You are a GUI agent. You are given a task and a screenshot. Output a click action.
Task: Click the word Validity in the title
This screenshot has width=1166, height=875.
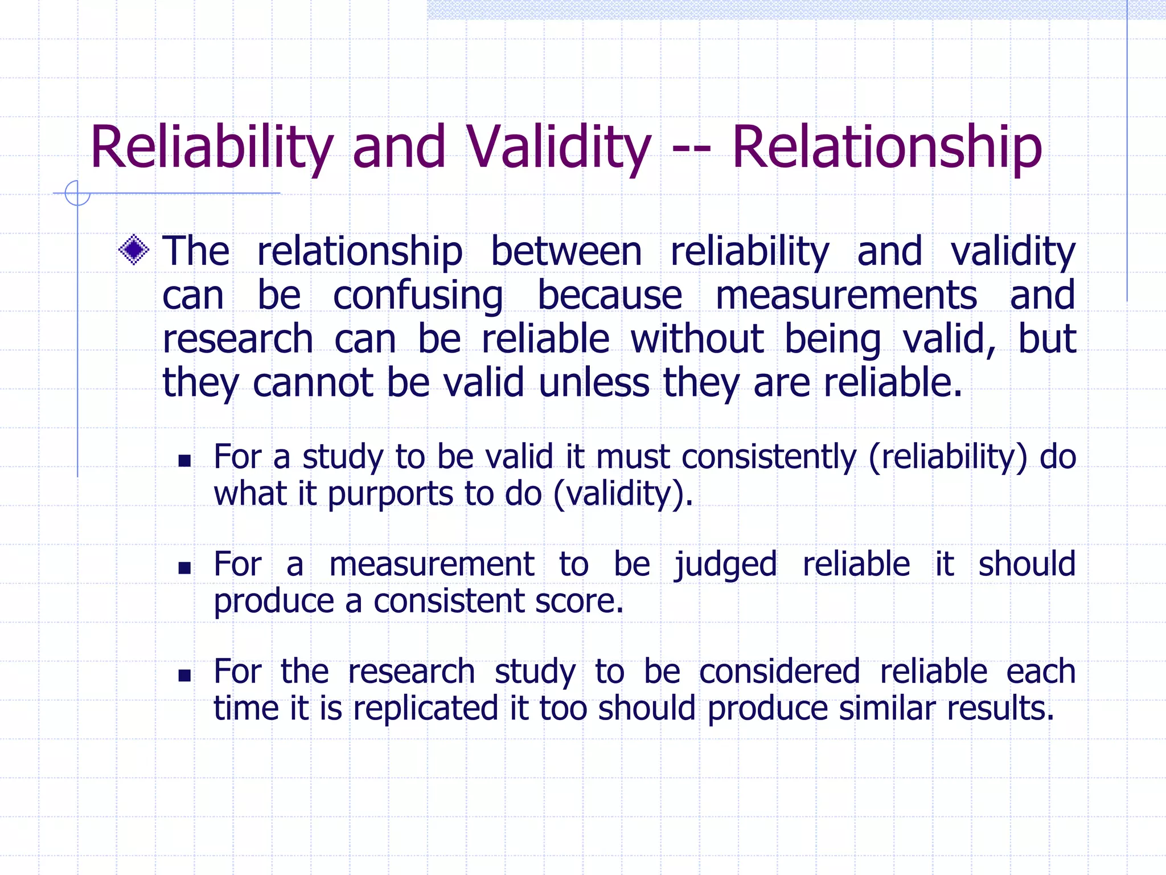pyautogui.click(x=559, y=147)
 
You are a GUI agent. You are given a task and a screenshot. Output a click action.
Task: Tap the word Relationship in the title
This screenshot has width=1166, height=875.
pyautogui.click(x=887, y=147)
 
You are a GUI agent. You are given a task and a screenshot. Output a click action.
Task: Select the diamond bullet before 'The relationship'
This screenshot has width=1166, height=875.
pyautogui.click(x=134, y=250)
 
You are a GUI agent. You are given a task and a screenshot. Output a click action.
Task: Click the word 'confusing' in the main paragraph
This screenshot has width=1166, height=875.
pyautogui.click(x=418, y=296)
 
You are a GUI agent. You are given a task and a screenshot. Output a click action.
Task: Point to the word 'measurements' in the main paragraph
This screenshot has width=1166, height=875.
pyautogui.click(x=846, y=296)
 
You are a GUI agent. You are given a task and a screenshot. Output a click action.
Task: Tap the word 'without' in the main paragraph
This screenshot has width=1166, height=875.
pyautogui.click(x=697, y=339)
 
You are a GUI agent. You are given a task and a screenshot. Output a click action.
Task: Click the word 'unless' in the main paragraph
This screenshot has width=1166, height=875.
pyautogui.click(x=594, y=382)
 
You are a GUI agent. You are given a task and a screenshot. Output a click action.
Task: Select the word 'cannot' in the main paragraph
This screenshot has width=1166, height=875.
pyautogui.click(x=313, y=382)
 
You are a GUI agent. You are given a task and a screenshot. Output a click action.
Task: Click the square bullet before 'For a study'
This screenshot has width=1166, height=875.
pyautogui.click(x=184, y=460)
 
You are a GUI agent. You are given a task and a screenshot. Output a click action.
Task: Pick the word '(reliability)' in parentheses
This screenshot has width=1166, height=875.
pyautogui.click(x=948, y=457)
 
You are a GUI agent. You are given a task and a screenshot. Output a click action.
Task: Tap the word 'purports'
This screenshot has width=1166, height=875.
pyautogui.click(x=390, y=493)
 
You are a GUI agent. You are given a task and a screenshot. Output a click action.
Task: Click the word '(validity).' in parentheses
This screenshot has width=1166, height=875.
pyautogui.click(x=623, y=493)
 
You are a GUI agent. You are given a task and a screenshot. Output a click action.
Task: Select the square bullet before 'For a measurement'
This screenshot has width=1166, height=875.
pyautogui.click(x=184, y=567)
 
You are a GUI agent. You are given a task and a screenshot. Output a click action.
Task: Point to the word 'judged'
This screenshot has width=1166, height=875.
pyautogui.click(x=725, y=565)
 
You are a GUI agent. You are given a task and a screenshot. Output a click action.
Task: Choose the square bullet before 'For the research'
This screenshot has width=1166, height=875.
pyautogui.click(x=184, y=675)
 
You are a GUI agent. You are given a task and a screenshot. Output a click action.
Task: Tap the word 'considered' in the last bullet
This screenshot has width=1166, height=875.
pyautogui.click(x=779, y=672)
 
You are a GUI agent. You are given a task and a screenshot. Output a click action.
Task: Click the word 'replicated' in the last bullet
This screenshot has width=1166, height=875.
pyautogui.click(x=425, y=709)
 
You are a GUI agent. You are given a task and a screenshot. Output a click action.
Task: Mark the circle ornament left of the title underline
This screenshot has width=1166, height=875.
pyautogui.click(x=77, y=193)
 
